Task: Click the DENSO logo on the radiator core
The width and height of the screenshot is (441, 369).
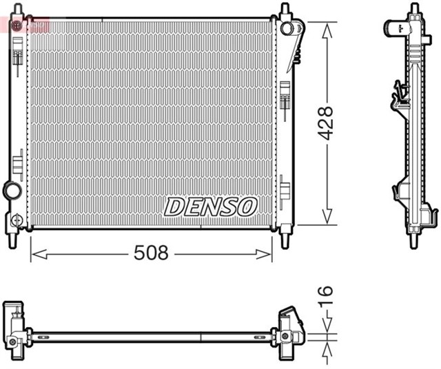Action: pyautogui.click(x=210, y=206)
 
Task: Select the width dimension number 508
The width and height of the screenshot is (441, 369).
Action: pyautogui.click(x=151, y=253)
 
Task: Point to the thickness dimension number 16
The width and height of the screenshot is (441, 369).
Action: pyautogui.click(x=327, y=296)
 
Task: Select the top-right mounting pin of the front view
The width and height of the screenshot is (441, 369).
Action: pyautogui.click(x=285, y=11)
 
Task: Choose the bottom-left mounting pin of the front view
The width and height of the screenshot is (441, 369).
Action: pyautogui.click(x=13, y=240)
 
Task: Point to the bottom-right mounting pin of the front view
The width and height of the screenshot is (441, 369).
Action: pyautogui.click(x=285, y=240)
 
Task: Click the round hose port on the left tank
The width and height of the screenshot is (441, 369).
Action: pyautogui.click(x=12, y=189)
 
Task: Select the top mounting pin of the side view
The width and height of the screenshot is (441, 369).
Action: pyautogui.click(x=413, y=10)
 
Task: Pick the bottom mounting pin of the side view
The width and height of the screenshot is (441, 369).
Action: pyautogui.click(x=413, y=240)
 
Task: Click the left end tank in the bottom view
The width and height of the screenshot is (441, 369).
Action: pyautogui.click(x=15, y=323)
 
